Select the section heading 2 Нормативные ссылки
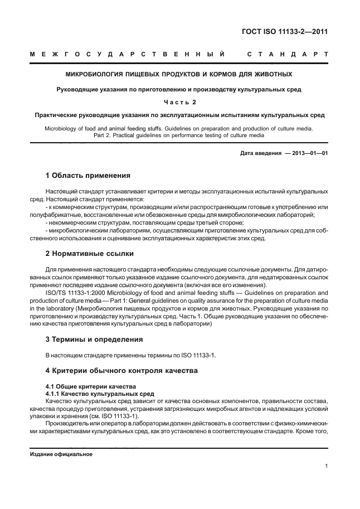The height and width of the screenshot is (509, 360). click(x=89, y=254)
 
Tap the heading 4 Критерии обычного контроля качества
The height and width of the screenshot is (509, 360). click(x=121, y=370)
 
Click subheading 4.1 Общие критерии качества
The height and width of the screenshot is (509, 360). click(x=88, y=386)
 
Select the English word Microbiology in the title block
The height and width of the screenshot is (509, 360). click(x=60, y=129)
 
